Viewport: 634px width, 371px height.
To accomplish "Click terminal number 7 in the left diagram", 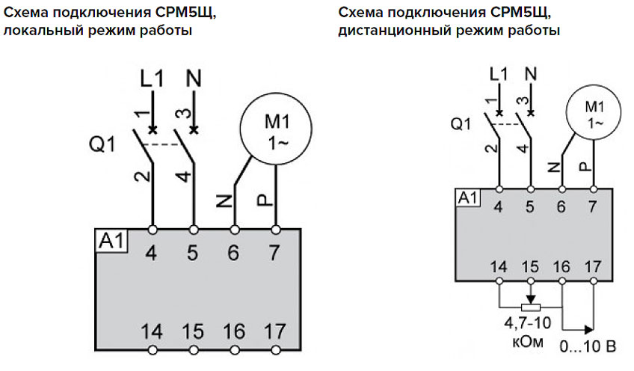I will pos(276,253).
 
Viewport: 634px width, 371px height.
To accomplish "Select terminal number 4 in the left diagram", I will pos(153,253).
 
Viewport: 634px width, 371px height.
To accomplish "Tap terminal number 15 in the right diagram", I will pos(530,266).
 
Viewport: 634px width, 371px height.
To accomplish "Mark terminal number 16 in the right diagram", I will pos(561,266).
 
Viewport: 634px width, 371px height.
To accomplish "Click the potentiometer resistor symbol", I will pos(530,307).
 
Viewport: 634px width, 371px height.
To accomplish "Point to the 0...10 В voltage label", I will pos(589,347).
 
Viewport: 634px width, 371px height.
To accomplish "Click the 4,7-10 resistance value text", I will pos(530,324).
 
